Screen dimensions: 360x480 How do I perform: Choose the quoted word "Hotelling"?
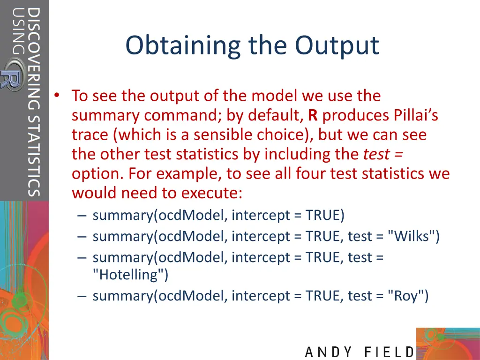point(130,275)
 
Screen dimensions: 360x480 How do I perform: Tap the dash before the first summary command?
point(82,216)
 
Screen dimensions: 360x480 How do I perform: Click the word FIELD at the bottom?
point(389,352)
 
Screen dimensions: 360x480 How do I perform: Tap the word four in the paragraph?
point(312,174)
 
